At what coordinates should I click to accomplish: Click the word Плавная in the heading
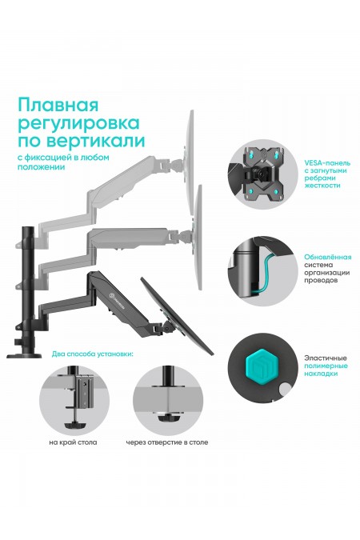[x=58, y=106]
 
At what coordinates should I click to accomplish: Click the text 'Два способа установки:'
[x=91, y=354]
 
